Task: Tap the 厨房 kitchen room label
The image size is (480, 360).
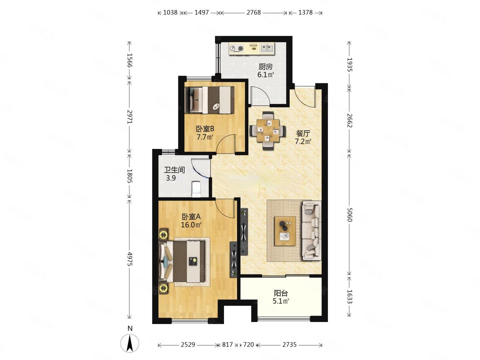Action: tap(265, 66)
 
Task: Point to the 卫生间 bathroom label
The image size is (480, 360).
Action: tap(174, 170)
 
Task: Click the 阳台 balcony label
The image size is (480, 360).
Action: tap(281, 293)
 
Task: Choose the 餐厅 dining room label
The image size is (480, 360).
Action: tap(303, 133)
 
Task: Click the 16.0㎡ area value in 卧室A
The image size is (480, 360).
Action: tap(191, 225)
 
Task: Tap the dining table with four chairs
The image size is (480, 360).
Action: tap(268, 131)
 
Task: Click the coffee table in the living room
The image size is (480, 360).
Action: tap(285, 231)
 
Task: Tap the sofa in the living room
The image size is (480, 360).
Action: tap(311, 231)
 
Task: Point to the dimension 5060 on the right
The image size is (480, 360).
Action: tap(349, 215)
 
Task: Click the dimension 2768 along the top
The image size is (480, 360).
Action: tap(253, 12)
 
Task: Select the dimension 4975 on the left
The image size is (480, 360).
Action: tap(130, 259)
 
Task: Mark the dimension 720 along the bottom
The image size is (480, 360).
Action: tap(249, 345)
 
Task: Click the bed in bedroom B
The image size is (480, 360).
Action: tap(209, 100)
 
